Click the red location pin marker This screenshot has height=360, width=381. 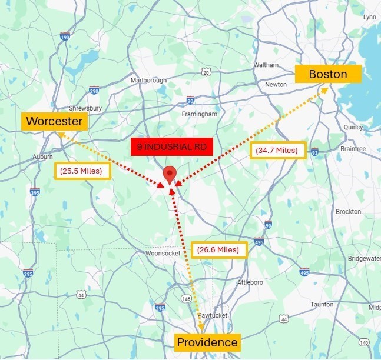pos(170,175)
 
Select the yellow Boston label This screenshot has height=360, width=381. pos(327,74)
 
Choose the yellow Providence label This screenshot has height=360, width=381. pos(207,342)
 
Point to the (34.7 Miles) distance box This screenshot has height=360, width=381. pos(276,151)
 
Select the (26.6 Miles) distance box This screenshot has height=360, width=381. pos(218,249)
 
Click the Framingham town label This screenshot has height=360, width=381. pos(199,114)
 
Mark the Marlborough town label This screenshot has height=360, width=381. pos(148,81)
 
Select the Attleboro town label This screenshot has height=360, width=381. pos(250,282)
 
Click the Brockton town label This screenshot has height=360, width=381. pos(348,212)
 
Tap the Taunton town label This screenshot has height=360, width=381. pos(322,304)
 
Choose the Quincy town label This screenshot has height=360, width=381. pos(353,126)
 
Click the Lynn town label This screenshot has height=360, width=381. pos(369,17)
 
